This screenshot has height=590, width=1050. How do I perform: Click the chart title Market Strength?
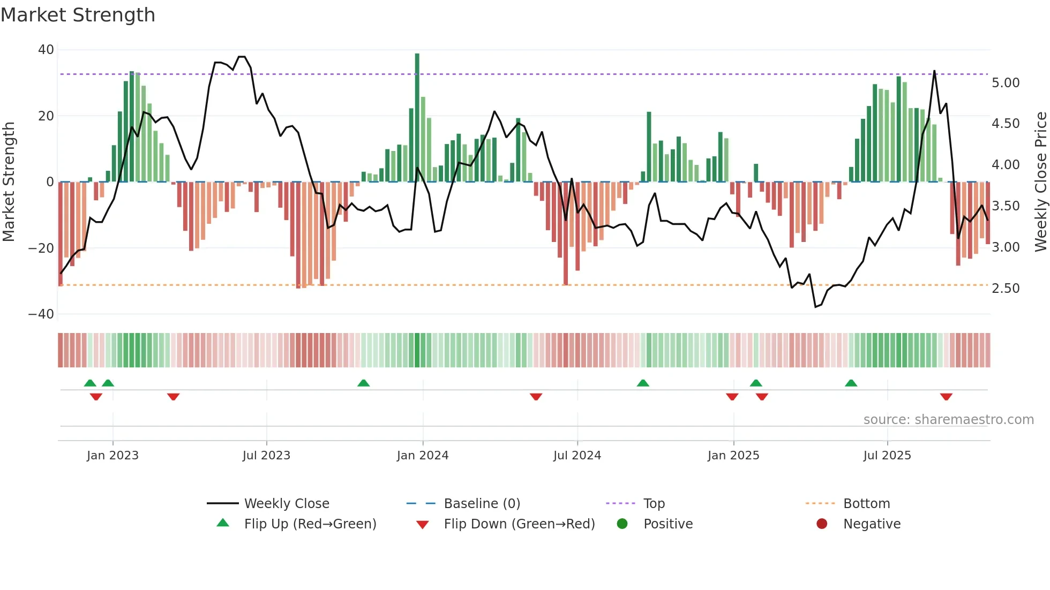point(78,15)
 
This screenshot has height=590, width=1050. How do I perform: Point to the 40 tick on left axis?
point(46,50)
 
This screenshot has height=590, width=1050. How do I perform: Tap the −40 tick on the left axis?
point(41,314)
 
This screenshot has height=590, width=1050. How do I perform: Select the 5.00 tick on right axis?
point(1006,83)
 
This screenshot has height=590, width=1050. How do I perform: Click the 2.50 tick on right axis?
point(1006,289)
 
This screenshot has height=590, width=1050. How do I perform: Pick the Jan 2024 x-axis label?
point(423,456)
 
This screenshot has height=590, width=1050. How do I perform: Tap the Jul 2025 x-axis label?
point(887,456)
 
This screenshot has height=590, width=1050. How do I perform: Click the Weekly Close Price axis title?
point(1040,181)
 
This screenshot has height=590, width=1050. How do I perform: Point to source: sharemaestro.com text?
point(948,420)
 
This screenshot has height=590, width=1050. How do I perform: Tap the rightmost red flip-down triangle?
point(946,397)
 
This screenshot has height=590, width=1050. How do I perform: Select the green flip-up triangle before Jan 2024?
point(363,383)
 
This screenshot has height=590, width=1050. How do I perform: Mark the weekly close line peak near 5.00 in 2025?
point(934,71)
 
